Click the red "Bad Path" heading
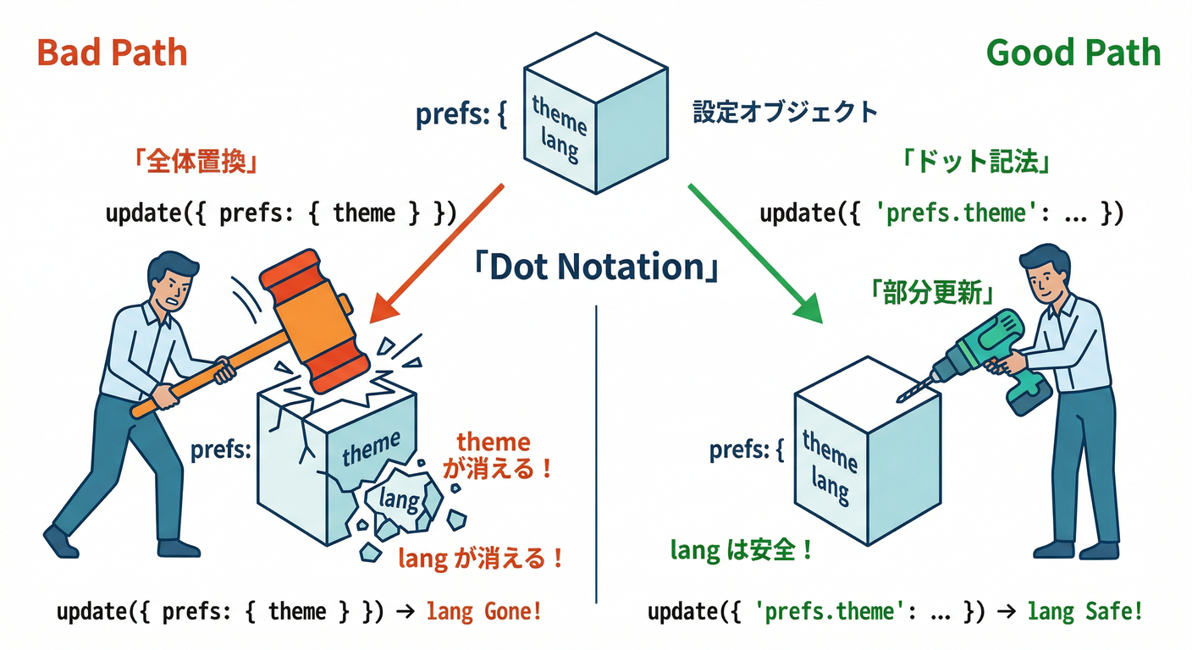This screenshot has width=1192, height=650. (113, 53)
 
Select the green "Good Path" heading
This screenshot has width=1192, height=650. (1073, 53)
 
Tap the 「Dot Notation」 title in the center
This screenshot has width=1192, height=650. (596, 267)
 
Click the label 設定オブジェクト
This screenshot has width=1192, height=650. (785, 112)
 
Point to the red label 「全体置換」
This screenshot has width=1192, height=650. (196, 162)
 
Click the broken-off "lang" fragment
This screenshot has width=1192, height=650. (400, 501)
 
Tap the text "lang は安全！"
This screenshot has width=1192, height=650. (742, 551)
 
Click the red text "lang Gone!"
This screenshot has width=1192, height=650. (483, 611)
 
